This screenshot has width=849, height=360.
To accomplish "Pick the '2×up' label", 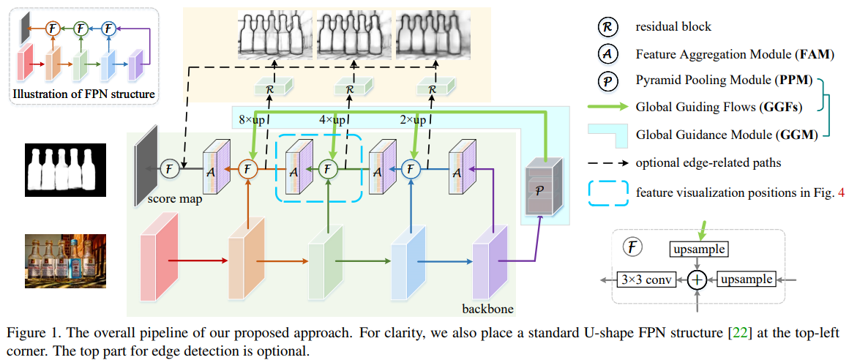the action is click(410, 119).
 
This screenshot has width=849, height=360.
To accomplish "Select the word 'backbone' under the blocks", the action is click(488, 310).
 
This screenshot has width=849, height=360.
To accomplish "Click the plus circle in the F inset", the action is click(697, 280).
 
